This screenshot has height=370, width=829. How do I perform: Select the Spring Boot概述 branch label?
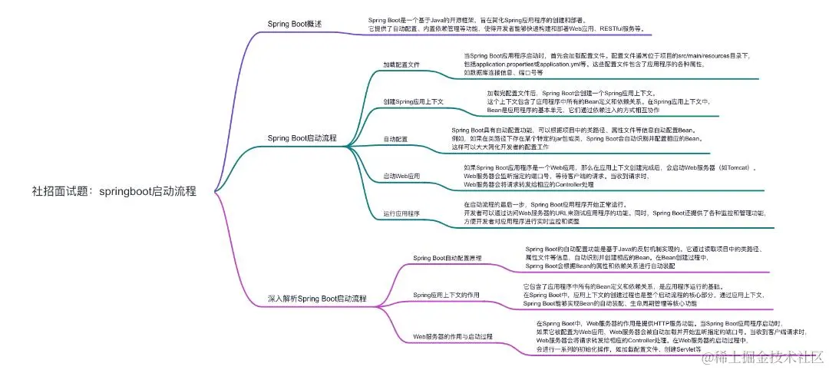pos(294,24)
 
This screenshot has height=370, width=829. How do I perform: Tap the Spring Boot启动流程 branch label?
pos(302,138)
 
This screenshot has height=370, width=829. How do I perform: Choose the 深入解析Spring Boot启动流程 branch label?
pos(317,298)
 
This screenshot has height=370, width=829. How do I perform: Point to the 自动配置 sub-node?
pos(395,139)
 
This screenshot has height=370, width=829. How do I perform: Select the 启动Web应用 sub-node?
pos(401,176)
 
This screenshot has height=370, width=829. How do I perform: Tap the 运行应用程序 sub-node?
pos(401,213)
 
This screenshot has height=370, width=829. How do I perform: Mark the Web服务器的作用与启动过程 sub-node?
pos(453,336)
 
